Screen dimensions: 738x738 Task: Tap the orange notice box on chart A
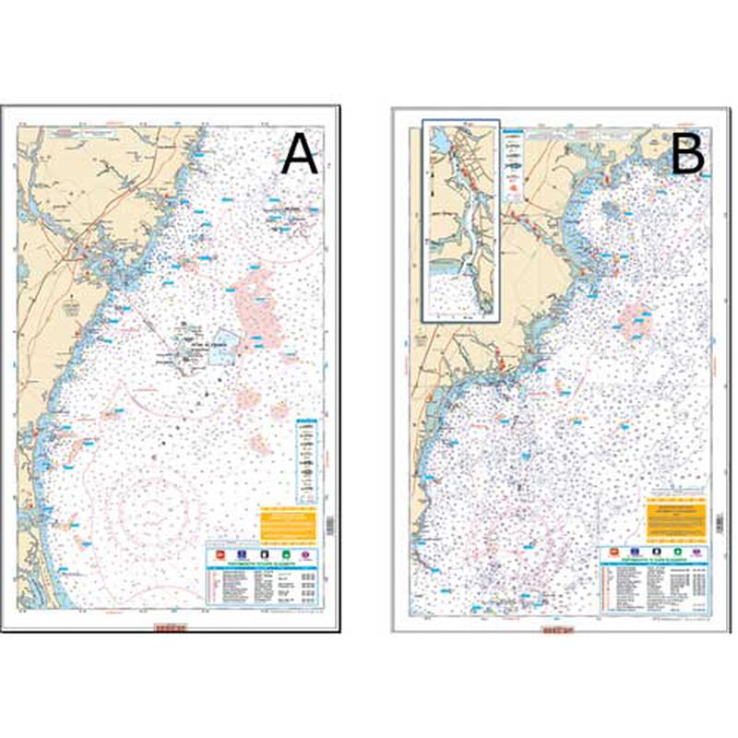(x=287, y=522)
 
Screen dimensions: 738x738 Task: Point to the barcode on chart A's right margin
(x=331, y=523)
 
